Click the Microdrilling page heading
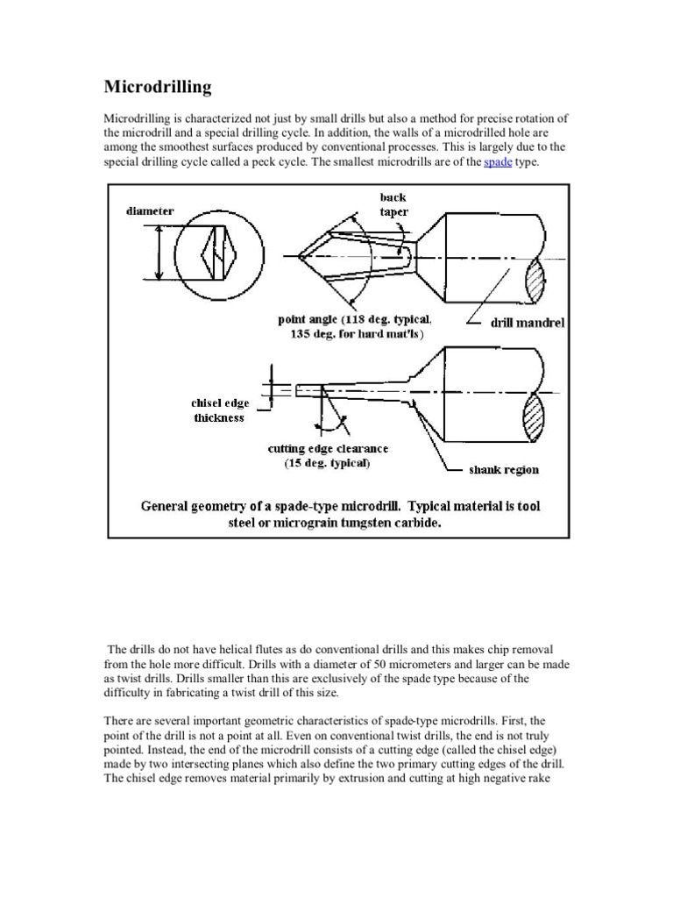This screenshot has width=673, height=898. (x=158, y=87)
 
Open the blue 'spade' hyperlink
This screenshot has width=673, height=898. (x=498, y=162)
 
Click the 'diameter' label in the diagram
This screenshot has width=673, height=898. (x=150, y=211)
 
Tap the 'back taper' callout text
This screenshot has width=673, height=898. (x=393, y=204)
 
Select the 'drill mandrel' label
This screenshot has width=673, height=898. (x=528, y=323)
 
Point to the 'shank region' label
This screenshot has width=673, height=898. (x=504, y=469)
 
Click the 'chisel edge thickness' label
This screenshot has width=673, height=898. (x=220, y=410)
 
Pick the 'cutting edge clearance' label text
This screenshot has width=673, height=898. (x=328, y=449)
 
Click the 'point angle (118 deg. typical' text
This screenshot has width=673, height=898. (x=355, y=320)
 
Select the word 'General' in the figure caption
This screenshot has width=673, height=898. (x=170, y=507)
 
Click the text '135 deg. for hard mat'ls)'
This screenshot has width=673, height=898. (x=355, y=335)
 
